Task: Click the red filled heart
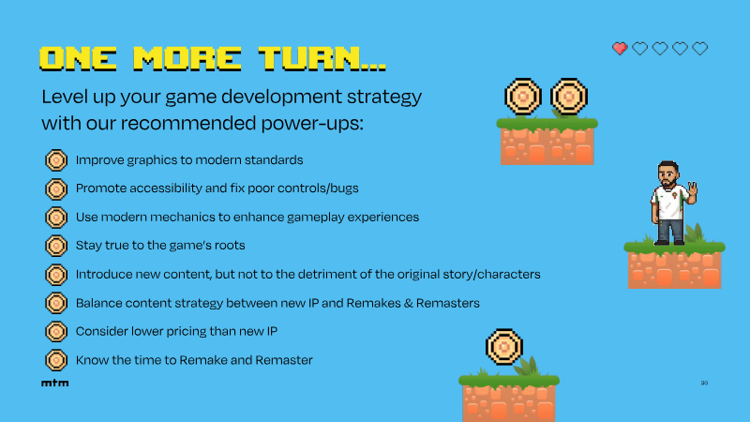(620, 49)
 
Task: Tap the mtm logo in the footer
(55, 383)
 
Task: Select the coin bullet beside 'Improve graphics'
(56, 160)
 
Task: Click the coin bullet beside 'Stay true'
(56, 246)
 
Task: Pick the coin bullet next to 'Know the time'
(56, 360)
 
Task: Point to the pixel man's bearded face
(667, 175)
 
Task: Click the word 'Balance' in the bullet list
(97, 303)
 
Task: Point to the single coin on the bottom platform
(504, 347)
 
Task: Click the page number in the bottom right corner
(704, 383)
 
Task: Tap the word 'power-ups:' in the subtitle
(312, 124)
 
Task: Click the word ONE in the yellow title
(78, 59)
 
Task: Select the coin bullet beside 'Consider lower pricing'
(56, 332)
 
